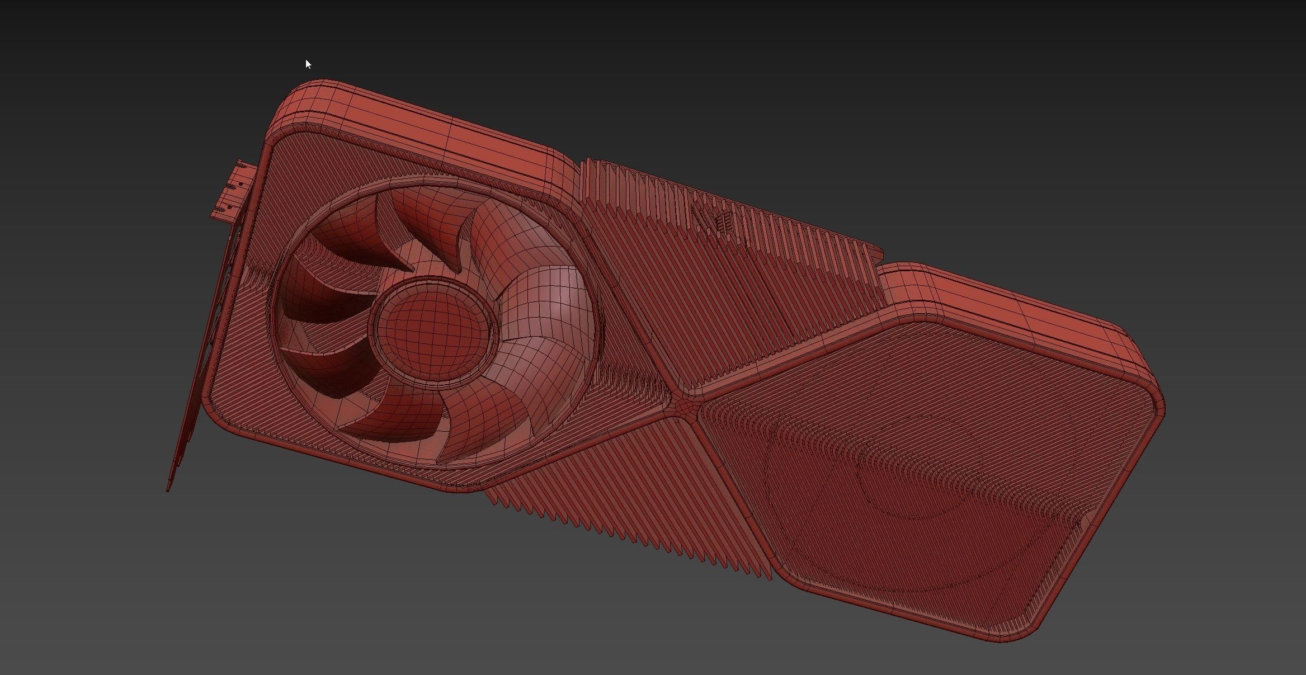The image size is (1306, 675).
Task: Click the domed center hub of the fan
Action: [x=432, y=327]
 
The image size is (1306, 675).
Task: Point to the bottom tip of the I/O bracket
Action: [x=168, y=489]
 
